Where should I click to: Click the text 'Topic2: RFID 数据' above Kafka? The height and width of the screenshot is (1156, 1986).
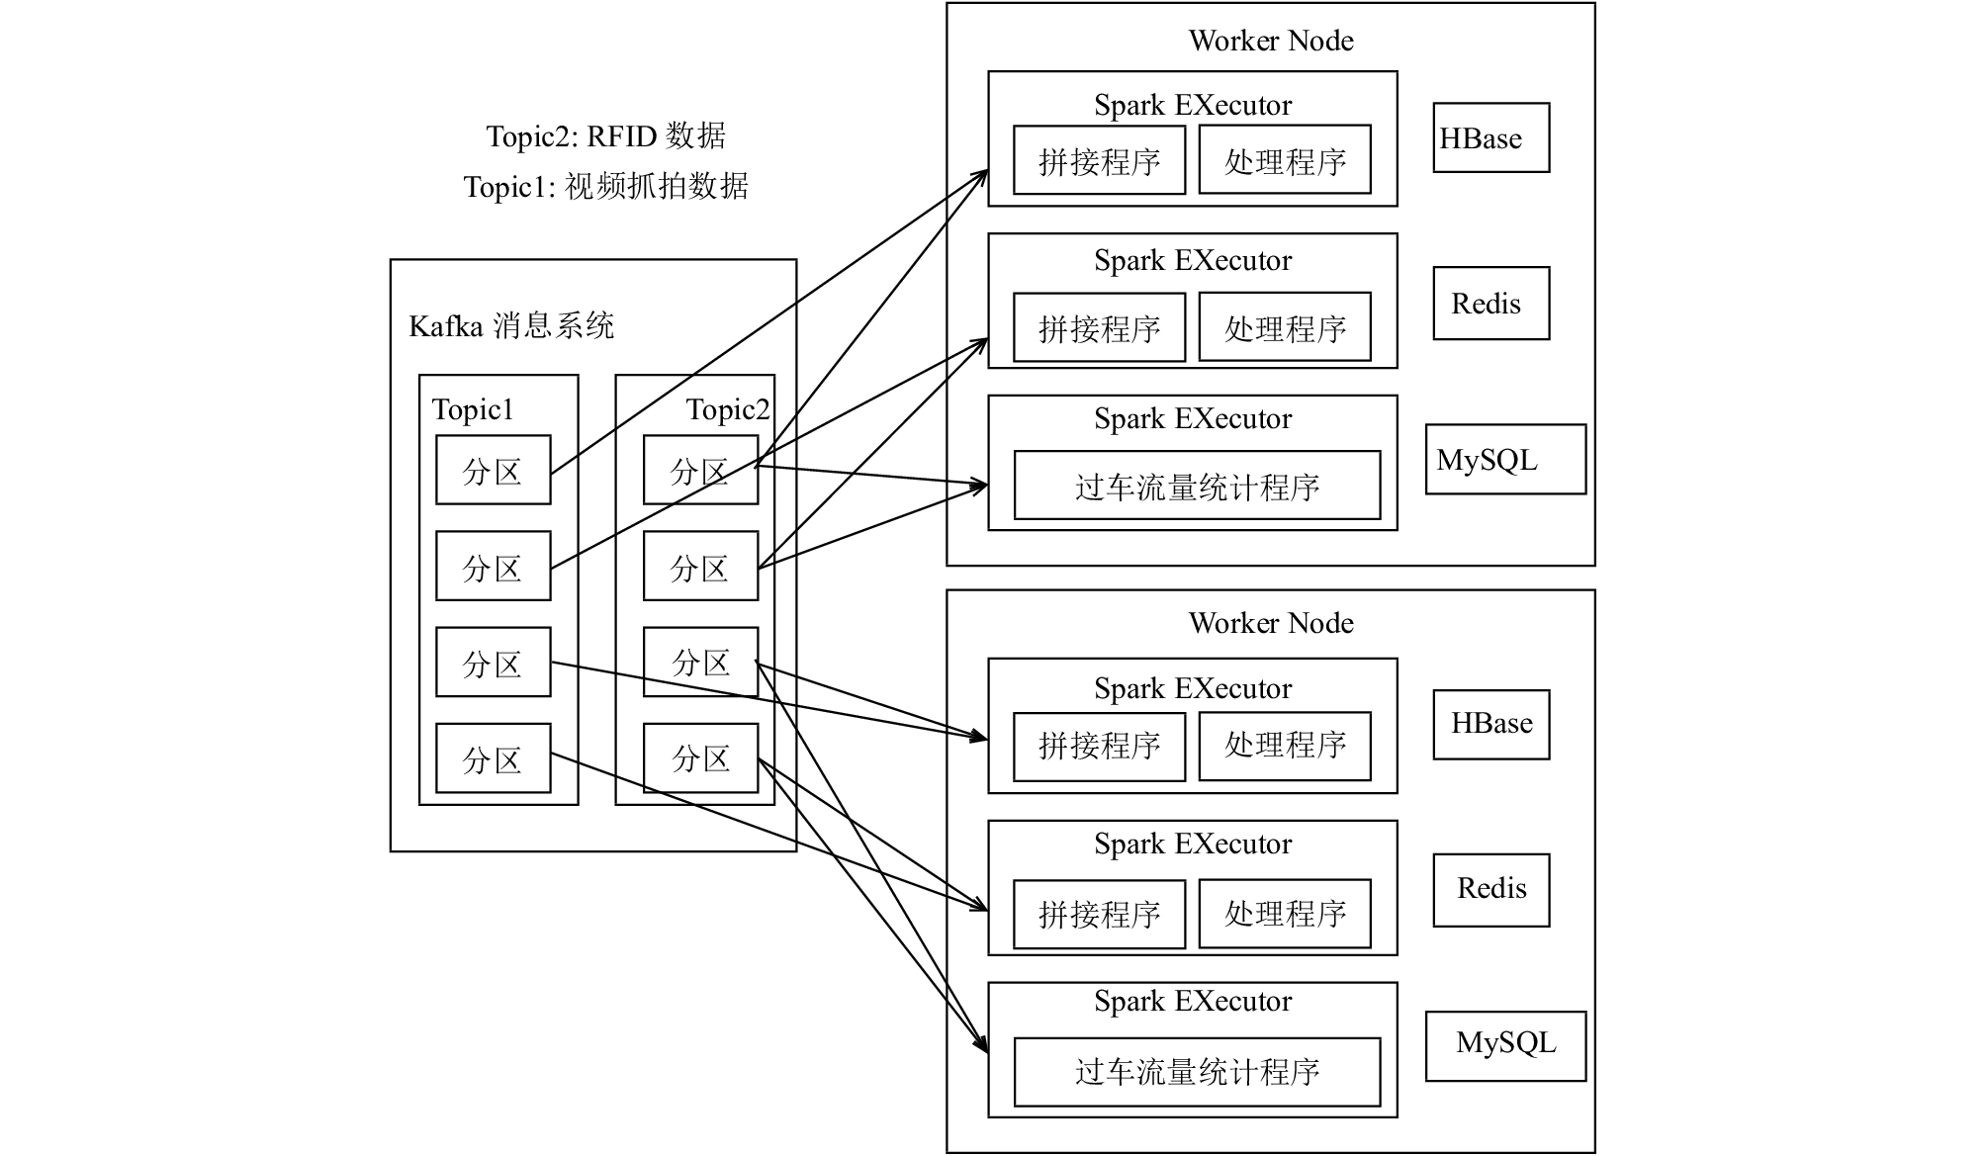click(x=605, y=135)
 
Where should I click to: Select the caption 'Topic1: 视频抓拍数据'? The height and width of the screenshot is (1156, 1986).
click(x=605, y=186)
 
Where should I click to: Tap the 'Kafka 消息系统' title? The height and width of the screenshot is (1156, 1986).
click(x=511, y=325)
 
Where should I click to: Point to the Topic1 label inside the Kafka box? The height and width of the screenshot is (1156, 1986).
click(x=473, y=409)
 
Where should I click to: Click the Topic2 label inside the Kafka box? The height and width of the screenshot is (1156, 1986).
click(x=728, y=409)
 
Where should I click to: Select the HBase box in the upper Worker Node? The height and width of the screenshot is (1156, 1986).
click(x=1491, y=137)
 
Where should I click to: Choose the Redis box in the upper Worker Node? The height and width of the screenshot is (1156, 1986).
click(x=1491, y=303)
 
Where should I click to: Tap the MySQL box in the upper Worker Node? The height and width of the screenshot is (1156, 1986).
click(x=1505, y=459)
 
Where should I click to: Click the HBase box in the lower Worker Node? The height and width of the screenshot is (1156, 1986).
click(x=1491, y=724)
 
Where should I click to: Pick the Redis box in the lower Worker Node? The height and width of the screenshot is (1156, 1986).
click(x=1491, y=890)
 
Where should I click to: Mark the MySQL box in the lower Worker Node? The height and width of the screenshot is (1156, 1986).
click(x=1505, y=1045)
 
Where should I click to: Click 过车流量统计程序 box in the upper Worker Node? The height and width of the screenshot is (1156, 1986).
click(x=1197, y=485)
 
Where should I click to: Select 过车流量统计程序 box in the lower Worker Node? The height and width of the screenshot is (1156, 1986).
click(x=1197, y=1072)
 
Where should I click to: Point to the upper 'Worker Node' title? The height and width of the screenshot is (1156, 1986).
click(x=1271, y=41)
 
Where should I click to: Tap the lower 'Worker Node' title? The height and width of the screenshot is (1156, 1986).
click(x=1271, y=623)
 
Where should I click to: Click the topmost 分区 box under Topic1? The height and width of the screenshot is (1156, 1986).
click(x=493, y=470)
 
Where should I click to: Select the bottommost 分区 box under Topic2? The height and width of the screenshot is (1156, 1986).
click(x=700, y=758)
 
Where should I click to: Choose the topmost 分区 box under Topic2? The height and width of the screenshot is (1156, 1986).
click(x=700, y=470)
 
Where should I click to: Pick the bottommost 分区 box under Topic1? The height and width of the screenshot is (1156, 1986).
click(x=493, y=758)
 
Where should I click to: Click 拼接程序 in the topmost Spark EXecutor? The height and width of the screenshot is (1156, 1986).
click(x=1099, y=159)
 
